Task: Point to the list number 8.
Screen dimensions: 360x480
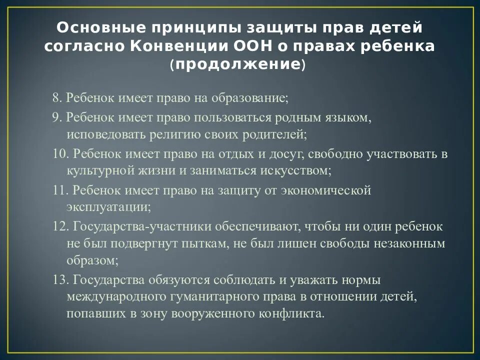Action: click(x=56, y=97)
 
